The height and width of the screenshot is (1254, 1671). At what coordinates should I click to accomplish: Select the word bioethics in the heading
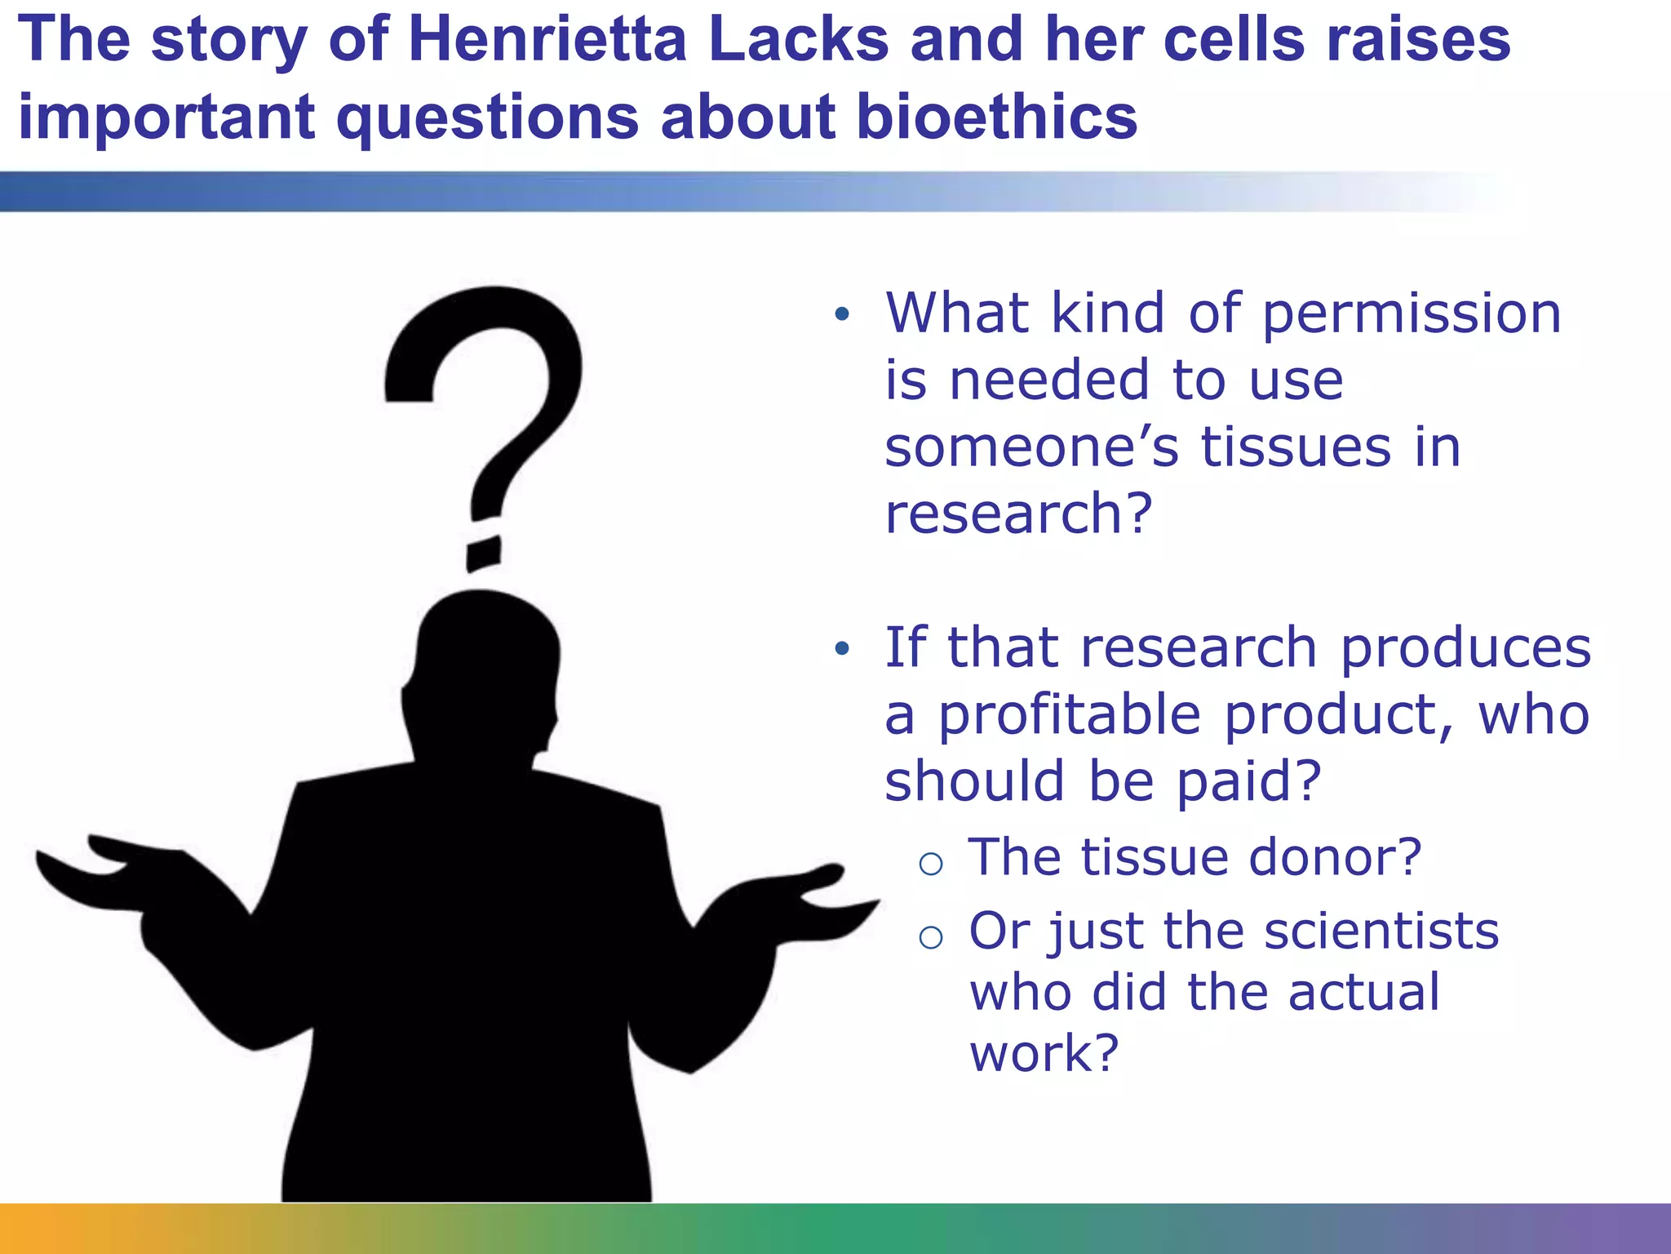click(996, 116)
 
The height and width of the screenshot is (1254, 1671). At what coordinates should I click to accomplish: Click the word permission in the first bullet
click(1412, 314)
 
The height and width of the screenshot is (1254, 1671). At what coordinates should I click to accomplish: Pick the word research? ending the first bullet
click(1018, 514)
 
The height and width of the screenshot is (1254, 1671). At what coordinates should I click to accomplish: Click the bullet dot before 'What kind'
click(843, 313)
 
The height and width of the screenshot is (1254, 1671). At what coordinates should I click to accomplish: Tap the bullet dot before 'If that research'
click(843, 649)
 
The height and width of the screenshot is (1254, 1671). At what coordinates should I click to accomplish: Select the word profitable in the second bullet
click(1069, 716)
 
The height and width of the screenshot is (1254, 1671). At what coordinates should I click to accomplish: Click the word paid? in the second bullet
click(1248, 782)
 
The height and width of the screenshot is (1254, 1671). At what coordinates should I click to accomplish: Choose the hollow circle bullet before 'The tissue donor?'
click(931, 863)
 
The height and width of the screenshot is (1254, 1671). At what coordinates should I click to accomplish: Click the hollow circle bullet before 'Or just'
click(931, 936)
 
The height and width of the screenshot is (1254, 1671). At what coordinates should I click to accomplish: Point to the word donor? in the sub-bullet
click(1335, 857)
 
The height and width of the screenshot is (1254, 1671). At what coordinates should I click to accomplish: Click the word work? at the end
click(1044, 1053)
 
